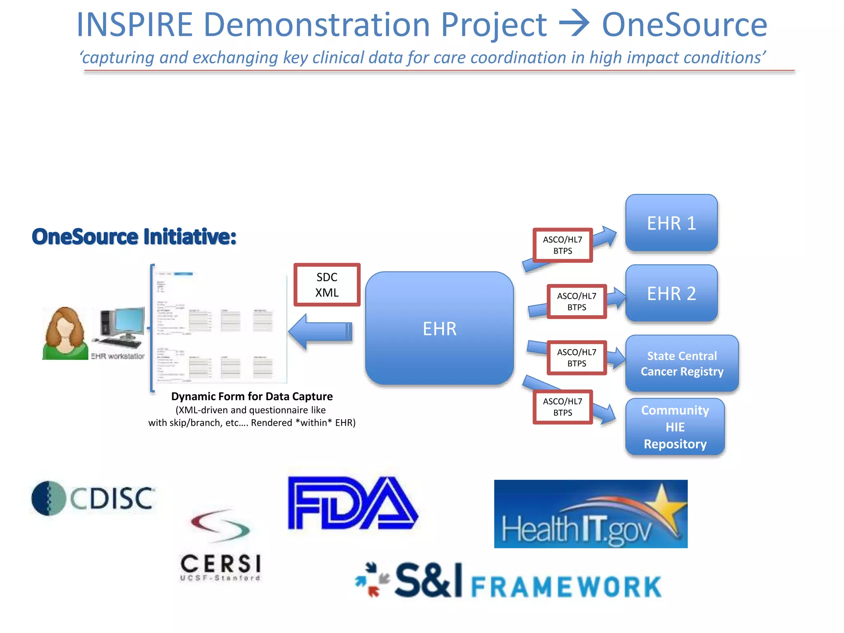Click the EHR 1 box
[671, 223]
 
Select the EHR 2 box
[671, 293]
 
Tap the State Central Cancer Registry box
[682, 363]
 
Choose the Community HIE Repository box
[675, 427]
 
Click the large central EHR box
[439, 328]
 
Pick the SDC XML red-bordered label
[327, 285]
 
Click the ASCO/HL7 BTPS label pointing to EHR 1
[563, 245]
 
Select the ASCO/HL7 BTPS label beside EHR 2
[577, 301]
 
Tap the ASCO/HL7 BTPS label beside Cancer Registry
[577, 358]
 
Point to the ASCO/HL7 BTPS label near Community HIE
[563, 407]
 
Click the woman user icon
[65, 334]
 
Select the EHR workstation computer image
[119, 328]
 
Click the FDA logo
[352, 503]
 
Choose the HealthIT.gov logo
[591, 514]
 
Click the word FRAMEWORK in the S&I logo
[566, 586]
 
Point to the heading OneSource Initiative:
[134, 237]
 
